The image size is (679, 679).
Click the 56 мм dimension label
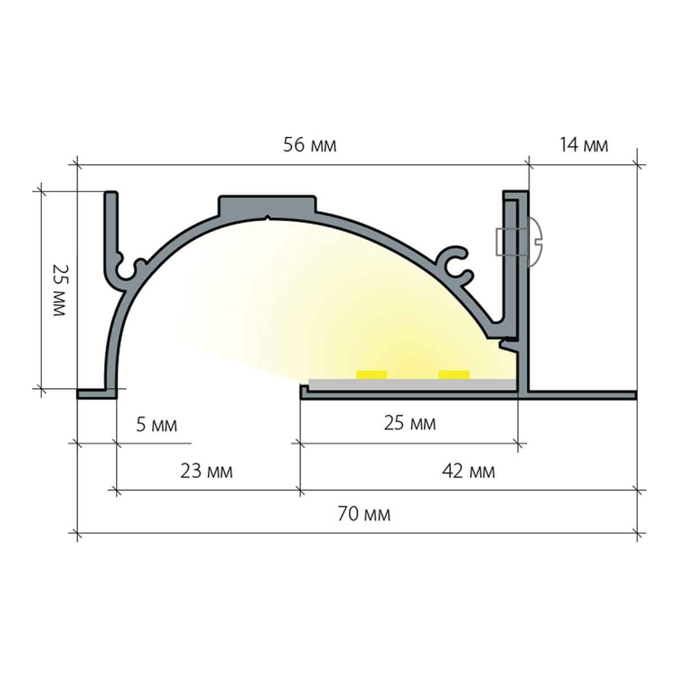coord(310,145)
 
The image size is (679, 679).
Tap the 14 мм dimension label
coord(584,145)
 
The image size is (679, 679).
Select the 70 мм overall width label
coord(364,514)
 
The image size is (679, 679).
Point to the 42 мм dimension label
coord(469,471)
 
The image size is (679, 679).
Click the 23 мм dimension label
coord(207,471)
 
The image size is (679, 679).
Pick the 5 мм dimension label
coord(156,425)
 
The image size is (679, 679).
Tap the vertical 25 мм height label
coord(59,290)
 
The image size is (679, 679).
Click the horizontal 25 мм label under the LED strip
coord(410,423)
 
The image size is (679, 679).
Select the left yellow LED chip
coord(371,375)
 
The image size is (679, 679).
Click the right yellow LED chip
coord(454,375)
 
